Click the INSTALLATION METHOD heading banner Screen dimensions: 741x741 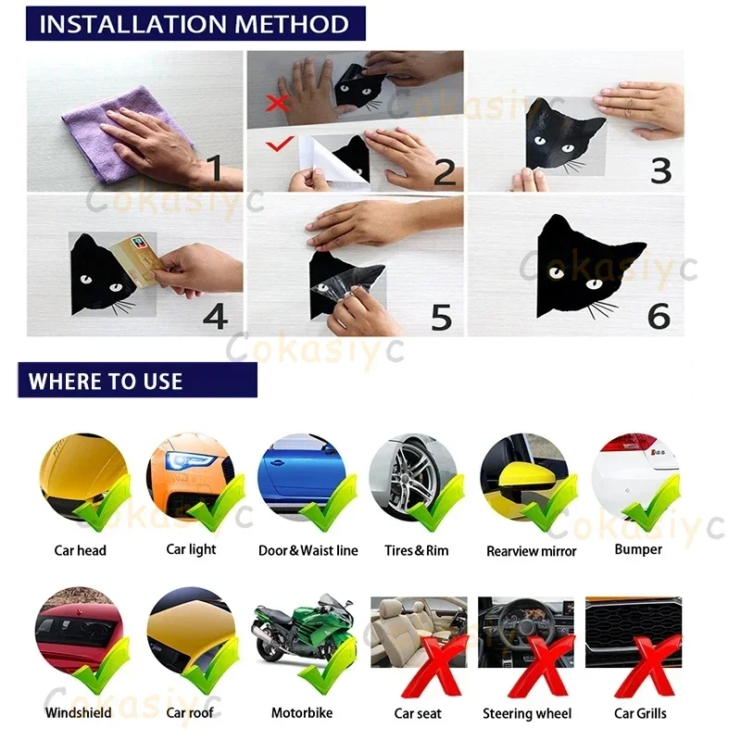[x=195, y=24]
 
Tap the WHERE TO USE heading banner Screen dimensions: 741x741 [x=137, y=381]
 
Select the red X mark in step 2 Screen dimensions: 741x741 [x=276, y=103]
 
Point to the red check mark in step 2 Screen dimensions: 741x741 [x=280, y=144]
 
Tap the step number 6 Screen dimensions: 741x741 [x=659, y=316]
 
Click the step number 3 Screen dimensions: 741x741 [x=660, y=171]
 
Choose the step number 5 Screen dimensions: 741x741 [x=442, y=317]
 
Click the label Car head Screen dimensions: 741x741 [x=81, y=550]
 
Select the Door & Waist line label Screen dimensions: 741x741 [x=308, y=550]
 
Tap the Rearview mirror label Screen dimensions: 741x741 [x=532, y=551]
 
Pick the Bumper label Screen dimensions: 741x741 [x=638, y=549]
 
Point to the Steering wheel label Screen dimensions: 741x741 [x=527, y=713]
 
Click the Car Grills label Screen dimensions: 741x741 [x=640, y=713]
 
